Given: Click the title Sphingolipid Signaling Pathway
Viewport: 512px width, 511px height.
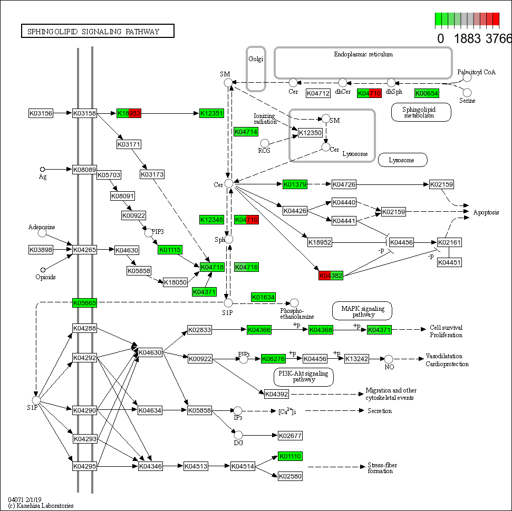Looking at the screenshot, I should (x=98, y=32).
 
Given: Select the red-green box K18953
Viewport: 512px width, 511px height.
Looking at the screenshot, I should (x=129, y=113).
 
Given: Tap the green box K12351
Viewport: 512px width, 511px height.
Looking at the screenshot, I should (x=212, y=113).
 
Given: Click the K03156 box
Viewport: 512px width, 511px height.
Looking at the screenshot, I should (x=41, y=113).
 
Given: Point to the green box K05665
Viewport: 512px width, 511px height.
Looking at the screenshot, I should (x=84, y=303).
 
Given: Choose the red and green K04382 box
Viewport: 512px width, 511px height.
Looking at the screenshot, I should (x=331, y=276).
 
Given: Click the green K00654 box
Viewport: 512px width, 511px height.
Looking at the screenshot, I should (x=427, y=93).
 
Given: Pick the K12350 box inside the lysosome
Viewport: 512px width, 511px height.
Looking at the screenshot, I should (x=310, y=133).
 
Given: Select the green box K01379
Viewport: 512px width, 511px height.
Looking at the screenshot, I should (x=295, y=184).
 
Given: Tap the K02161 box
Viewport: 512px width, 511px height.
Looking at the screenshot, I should (x=449, y=242).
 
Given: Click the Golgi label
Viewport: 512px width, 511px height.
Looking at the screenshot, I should (x=256, y=59).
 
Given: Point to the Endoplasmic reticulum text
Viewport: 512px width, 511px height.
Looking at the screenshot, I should (x=363, y=54).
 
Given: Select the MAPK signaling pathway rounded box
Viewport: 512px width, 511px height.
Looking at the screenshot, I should (x=362, y=311).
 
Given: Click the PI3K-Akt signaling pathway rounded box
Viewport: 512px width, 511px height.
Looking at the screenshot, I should (x=304, y=377).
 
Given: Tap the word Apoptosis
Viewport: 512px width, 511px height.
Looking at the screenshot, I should (x=486, y=212).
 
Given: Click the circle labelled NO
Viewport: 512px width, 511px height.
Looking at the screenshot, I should (x=389, y=359).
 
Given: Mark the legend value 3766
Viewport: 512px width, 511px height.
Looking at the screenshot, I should (x=498, y=39).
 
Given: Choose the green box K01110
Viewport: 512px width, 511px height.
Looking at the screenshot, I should (x=290, y=456).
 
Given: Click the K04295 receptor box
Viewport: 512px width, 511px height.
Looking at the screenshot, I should (x=84, y=466).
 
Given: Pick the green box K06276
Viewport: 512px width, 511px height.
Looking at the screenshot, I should (x=273, y=359).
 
